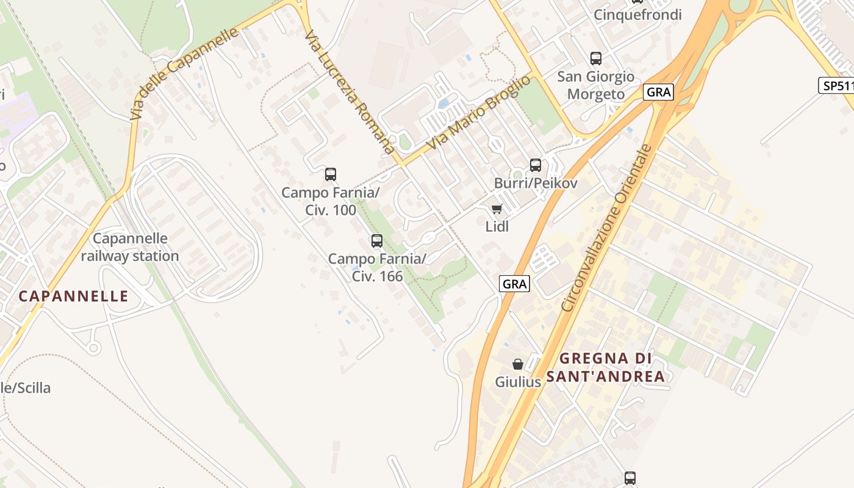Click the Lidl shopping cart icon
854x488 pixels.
point(497,209)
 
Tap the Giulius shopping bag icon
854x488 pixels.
point(518,364)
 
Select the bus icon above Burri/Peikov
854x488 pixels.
point(536,165)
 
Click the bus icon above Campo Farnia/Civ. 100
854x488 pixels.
point(331,174)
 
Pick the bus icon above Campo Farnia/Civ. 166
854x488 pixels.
point(377,241)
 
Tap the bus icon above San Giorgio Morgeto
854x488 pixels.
point(596,59)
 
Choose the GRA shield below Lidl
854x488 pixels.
point(515,284)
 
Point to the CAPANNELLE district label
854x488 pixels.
point(74,296)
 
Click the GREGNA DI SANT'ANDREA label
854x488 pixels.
point(605,367)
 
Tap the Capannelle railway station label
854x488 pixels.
point(130,247)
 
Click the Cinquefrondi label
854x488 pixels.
point(637,15)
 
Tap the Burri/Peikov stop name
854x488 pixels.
point(536,183)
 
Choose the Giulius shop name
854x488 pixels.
point(518,382)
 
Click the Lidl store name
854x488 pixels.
point(497,226)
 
